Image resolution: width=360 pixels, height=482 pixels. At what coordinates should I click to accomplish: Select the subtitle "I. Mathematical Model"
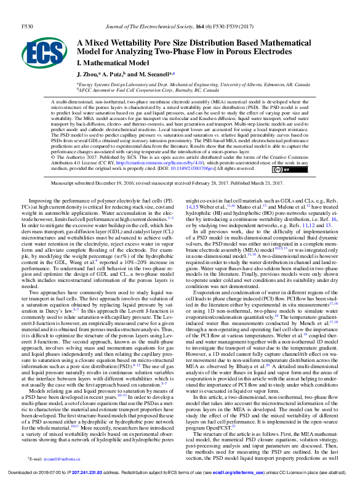tap(113, 63)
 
